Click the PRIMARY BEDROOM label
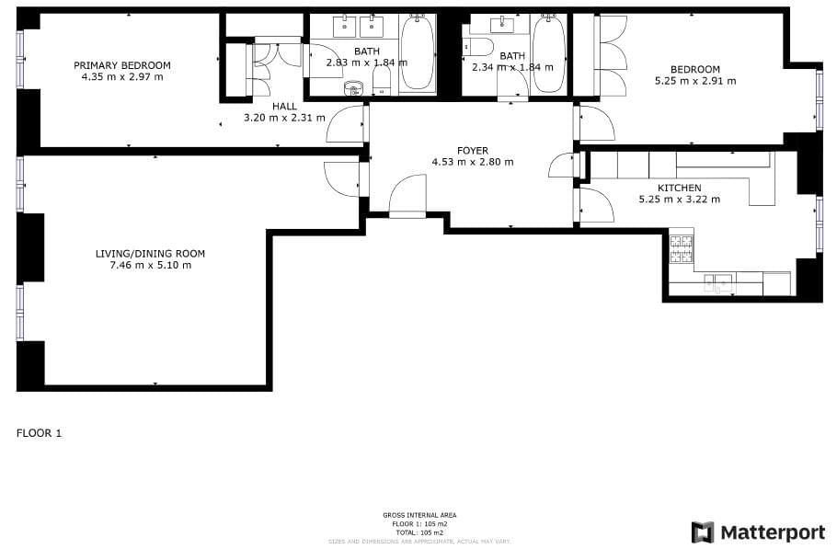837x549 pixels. pyautogui.click(x=122, y=65)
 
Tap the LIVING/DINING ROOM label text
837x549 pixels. pyautogui.click(x=150, y=254)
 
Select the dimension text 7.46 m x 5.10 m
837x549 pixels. pyautogui.click(x=150, y=266)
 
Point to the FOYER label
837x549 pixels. pyautogui.click(x=473, y=150)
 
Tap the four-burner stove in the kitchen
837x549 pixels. pyautogui.click(x=681, y=248)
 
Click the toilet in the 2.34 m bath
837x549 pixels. pyautogui.click(x=479, y=46)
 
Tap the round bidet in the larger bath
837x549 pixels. pyautogui.click(x=353, y=89)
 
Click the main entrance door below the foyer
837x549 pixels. pyautogui.click(x=407, y=200)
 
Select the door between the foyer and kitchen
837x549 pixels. pyautogui.click(x=593, y=205)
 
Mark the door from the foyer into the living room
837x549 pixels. pyautogui.click(x=345, y=177)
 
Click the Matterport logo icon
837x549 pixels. pyautogui.click(x=703, y=532)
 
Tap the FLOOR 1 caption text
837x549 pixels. pyautogui.click(x=39, y=432)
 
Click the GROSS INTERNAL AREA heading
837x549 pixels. pyautogui.click(x=418, y=515)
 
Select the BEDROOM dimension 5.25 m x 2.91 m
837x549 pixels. pyautogui.click(x=694, y=81)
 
